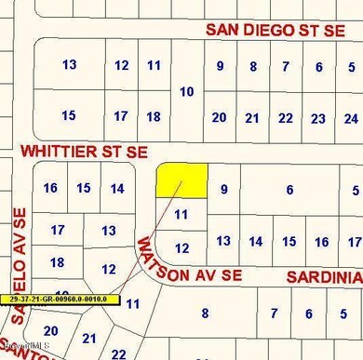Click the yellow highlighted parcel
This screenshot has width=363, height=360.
[181, 180]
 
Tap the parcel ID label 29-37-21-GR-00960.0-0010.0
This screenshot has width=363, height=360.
[61, 300]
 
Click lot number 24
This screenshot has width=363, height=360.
[350, 118]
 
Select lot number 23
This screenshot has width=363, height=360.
[318, 118]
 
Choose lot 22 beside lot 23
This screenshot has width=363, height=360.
[286, 118]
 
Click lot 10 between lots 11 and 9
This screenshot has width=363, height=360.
[187, 91]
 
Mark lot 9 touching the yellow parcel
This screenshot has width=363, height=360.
[223, 189]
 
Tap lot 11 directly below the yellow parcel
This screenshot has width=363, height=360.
[182, 214]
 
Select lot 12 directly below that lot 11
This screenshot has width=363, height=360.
[182, 247]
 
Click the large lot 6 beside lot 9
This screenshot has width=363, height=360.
[290, 189]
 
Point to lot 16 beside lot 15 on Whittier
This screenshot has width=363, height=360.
[50, 188]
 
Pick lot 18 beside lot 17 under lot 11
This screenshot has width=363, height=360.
[154, 116]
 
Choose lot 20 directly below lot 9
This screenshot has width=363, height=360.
[220, 118]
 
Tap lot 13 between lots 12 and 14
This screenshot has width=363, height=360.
[223, 241]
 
